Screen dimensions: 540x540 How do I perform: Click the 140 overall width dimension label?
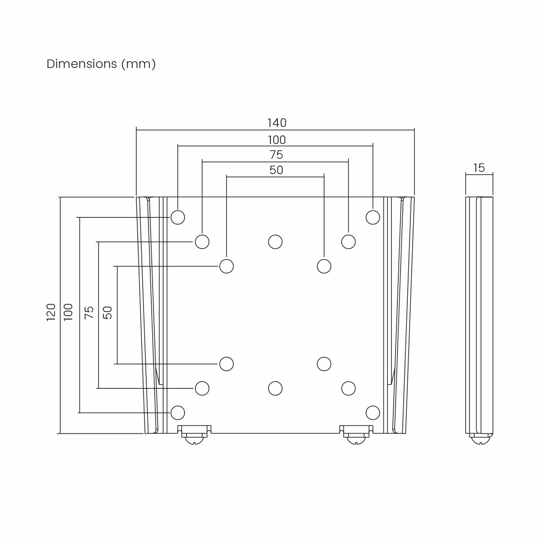pos(276,123)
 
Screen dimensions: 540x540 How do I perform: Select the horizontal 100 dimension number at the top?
pos(276,140)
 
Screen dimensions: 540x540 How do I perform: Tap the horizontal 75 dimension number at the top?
pos(276,155)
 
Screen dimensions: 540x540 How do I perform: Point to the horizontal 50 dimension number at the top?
pos(276,171)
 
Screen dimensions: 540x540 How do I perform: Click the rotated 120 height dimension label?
pos(51,312)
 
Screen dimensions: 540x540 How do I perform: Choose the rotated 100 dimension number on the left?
pos(68,312)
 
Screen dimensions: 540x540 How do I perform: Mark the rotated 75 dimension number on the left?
pos(89,312)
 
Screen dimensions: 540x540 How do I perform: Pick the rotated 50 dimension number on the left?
pos(108,312)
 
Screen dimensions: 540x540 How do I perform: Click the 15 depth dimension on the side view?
pos(479,168)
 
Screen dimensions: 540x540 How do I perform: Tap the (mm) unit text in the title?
pos(138,64)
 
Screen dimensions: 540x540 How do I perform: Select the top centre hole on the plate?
pos(275,242)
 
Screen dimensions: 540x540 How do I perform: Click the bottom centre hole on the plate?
pos(275,388)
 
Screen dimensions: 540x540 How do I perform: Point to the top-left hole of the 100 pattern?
pos(178,217)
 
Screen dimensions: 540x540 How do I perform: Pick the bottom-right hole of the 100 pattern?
pos(373,412)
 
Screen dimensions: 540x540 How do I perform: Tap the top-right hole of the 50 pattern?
pos(324,266)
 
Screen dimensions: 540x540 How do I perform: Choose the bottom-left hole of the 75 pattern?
pos(202,388)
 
